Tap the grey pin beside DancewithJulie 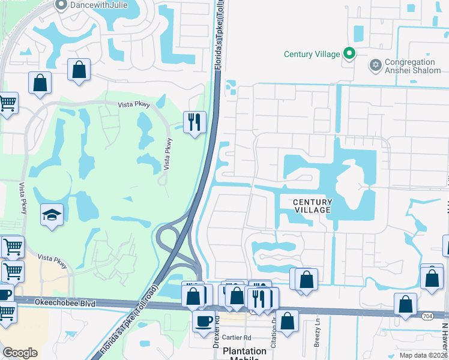click(x=60, y=5)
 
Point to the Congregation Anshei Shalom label click(x=409, y=66)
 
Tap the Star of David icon click(x=376, y=65)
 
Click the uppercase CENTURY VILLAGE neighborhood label click(x=312, y=206)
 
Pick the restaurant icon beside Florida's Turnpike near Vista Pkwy click(x=194, y=122)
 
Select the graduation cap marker click(x=52, y=215)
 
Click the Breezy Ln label click(x=317, y=329)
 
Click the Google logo click(x=20, y=353)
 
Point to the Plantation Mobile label click(x=244, y=352)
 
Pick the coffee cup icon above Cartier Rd click(x=203, y=321)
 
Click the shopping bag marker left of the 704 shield click(x=406, y=304)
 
